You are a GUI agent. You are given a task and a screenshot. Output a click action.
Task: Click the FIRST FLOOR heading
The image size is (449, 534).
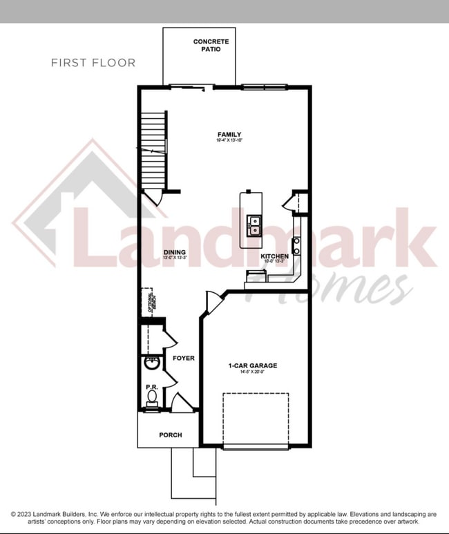tap(93, 63)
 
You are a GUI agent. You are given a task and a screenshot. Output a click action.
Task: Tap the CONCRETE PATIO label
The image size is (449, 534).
tap(211, 46)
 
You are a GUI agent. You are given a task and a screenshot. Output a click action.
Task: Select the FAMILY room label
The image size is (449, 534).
tap(229, 134)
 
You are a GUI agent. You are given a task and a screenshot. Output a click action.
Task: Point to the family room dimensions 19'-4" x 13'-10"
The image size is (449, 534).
tap(229, 141)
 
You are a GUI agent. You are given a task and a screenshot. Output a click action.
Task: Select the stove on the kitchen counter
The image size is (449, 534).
tap(296, 245)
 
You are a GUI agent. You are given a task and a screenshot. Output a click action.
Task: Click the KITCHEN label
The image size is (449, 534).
tap(274, 256)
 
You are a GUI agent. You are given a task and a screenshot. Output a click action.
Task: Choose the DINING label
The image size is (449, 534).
tap(174, 252)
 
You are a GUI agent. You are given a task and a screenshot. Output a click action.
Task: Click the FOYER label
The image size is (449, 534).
tap(184, 358)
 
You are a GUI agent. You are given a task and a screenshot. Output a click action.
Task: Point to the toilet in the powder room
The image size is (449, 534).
tap(153, 397)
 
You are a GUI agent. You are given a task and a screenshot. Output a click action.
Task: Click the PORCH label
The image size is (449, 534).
tap(170, 435)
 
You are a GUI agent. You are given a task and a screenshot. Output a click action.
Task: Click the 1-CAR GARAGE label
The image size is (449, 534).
tap(253, 365)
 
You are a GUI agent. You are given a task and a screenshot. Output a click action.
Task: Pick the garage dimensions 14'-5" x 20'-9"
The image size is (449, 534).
tap(253, 372)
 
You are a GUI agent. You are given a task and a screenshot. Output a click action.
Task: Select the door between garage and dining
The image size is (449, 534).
tap(213, 302)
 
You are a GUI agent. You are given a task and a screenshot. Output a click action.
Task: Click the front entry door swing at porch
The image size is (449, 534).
tap(181, 402)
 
